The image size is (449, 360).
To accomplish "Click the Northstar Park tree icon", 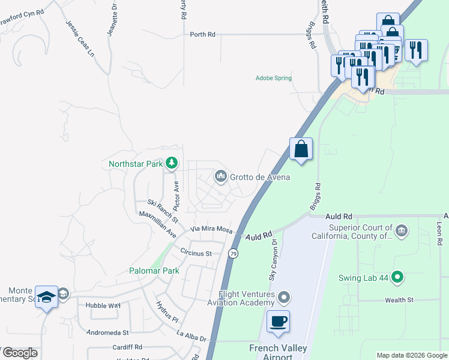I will click(172, 163).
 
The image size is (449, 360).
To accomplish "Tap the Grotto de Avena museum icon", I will click(220, 176).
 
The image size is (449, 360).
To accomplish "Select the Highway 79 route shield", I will click(232, 254).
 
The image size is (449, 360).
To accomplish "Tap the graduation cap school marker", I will click(46, 296).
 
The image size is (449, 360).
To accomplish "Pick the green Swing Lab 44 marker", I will click(396, 277).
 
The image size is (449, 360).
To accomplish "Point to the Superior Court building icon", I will click(402, 230).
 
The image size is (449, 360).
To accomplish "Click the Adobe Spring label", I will click(273, 78).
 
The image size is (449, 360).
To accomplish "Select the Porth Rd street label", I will click(202, 35).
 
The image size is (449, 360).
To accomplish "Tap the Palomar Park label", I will click(154, 271).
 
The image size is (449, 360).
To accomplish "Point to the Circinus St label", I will click(196, 254).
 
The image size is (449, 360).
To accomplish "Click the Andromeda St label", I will click(108, 332).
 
